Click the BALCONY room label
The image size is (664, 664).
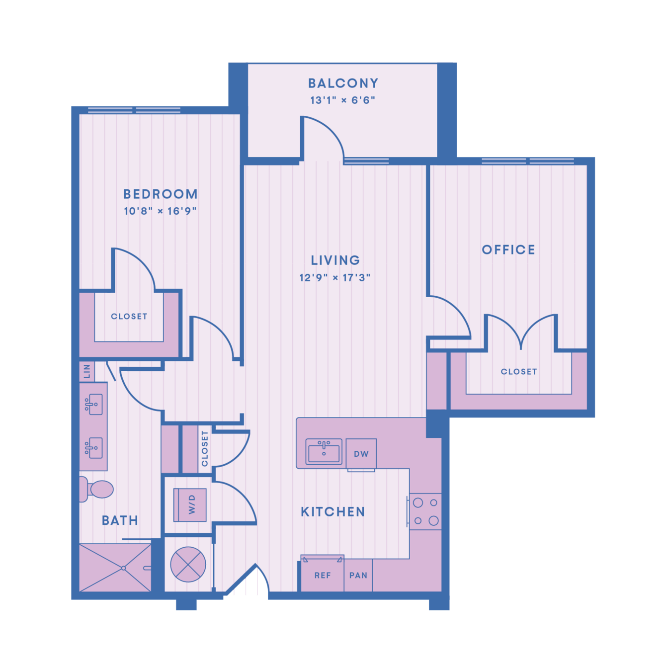[x=343, y=83]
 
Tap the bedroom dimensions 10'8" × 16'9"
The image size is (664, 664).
[x=160, y=211]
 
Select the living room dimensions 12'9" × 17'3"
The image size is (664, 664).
[x=335, y=277]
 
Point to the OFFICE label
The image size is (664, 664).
[x=508, y=249]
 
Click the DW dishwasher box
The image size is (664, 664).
[x=361, y=454]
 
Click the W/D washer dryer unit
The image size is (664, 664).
[x=190, y=505]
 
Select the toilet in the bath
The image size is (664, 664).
[x=96, y=489]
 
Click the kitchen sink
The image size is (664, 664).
[x=324, y=451]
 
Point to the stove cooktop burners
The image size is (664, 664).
[x=425, y=511]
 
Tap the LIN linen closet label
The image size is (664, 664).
[x=87, y=371]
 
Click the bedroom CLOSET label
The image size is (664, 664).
[x=129, y=316]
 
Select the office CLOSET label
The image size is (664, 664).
[x=519, y=371]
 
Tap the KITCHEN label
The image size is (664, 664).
[x=333, y=512]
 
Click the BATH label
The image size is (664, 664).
[x=120, y=520]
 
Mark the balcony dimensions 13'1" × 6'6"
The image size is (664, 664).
[x=342, y=100]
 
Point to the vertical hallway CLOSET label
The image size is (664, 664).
[x=205, y=449]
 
